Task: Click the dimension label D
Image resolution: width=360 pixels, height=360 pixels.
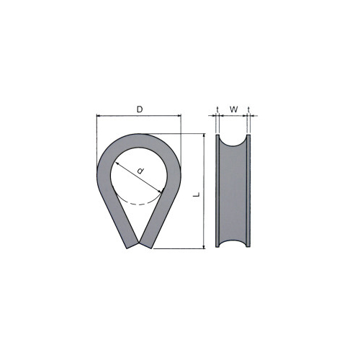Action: click(x=140, y=109)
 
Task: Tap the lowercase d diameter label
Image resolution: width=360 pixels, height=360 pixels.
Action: click(x=140, y=171)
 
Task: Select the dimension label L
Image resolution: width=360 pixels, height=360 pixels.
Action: click(x=197, y=194)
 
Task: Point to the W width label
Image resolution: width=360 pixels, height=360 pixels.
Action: click(x=234, y=109)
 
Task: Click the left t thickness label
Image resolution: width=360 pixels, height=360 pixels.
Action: click(x=217, y=109)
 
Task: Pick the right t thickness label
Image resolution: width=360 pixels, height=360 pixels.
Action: click(x=248, y=109)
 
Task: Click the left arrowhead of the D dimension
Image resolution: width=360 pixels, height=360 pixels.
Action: click(x=99, y=116)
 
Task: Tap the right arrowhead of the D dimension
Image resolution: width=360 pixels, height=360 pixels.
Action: click(x=179, y=116)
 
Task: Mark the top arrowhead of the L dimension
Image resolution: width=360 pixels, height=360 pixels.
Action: click(x=204, y=135)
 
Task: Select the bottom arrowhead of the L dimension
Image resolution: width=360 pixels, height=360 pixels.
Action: click(x=204, y=247)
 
